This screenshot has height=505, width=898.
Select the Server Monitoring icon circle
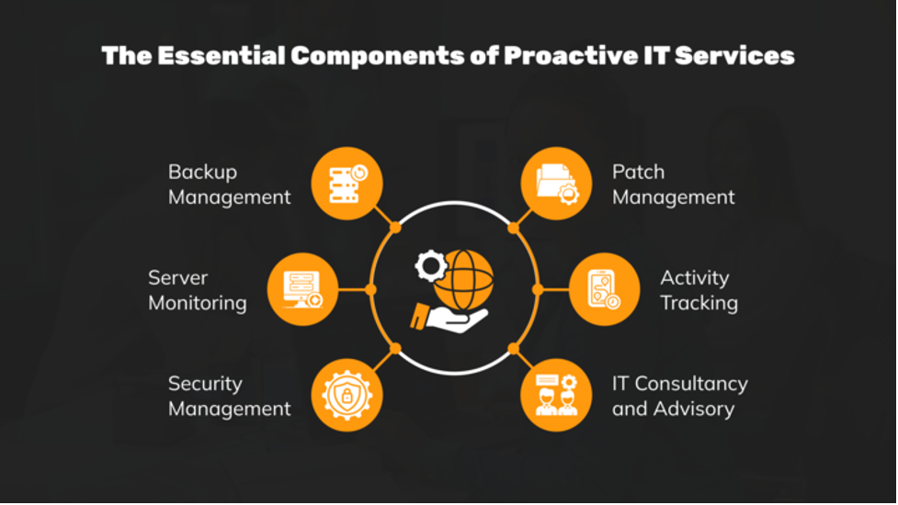pos(302,289)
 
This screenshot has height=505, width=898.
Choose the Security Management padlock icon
pos(347,396)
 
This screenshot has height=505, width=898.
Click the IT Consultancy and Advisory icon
pos(556,396)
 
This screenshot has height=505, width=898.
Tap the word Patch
pos(638,172)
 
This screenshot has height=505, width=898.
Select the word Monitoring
pos(198,303)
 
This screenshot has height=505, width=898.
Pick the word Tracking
pos(699,303)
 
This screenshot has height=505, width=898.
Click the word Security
pos(205,384)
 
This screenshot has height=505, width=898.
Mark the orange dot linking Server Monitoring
pos(370,289)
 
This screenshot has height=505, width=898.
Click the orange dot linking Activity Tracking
pos(538,289)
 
